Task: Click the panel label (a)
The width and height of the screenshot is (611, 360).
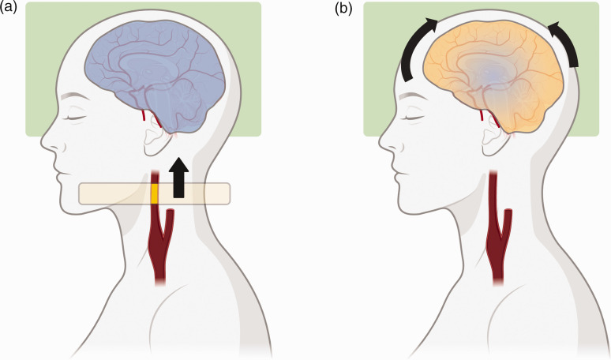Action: (9, 9)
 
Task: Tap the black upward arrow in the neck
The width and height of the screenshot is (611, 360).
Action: (179, 177)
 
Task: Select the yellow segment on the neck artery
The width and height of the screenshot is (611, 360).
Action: (155, 193)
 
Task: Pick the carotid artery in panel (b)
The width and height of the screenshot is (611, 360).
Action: (497, 229)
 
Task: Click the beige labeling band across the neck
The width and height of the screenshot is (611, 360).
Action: (111, 193)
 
